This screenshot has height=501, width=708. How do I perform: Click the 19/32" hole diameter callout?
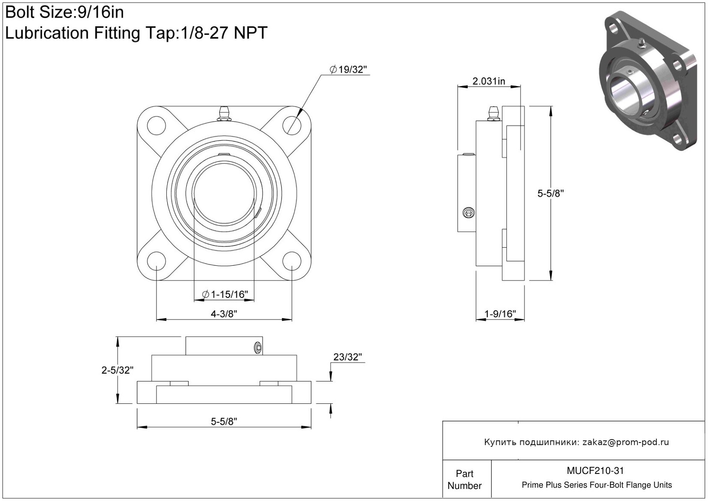348,69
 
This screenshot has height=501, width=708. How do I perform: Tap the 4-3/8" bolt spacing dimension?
224,314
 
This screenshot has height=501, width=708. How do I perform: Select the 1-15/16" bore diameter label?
225,295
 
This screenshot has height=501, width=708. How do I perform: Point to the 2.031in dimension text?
489,81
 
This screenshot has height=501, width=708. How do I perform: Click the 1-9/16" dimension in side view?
500,314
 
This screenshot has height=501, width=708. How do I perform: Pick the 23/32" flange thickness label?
347,357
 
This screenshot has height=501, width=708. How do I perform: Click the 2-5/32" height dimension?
117,370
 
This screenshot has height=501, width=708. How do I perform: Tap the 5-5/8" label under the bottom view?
224,421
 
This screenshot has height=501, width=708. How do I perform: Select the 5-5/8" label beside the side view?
551,193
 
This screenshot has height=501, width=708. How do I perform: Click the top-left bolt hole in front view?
156,125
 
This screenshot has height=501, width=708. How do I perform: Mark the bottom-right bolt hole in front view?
292,261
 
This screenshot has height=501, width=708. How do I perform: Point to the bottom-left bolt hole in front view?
156,261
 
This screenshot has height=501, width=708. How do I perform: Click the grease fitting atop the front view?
224,114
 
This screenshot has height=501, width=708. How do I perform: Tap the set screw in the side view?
469,213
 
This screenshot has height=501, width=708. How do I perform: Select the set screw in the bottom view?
258,348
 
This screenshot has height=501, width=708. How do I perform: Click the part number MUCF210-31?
595,470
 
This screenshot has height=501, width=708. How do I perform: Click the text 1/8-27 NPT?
224,33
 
